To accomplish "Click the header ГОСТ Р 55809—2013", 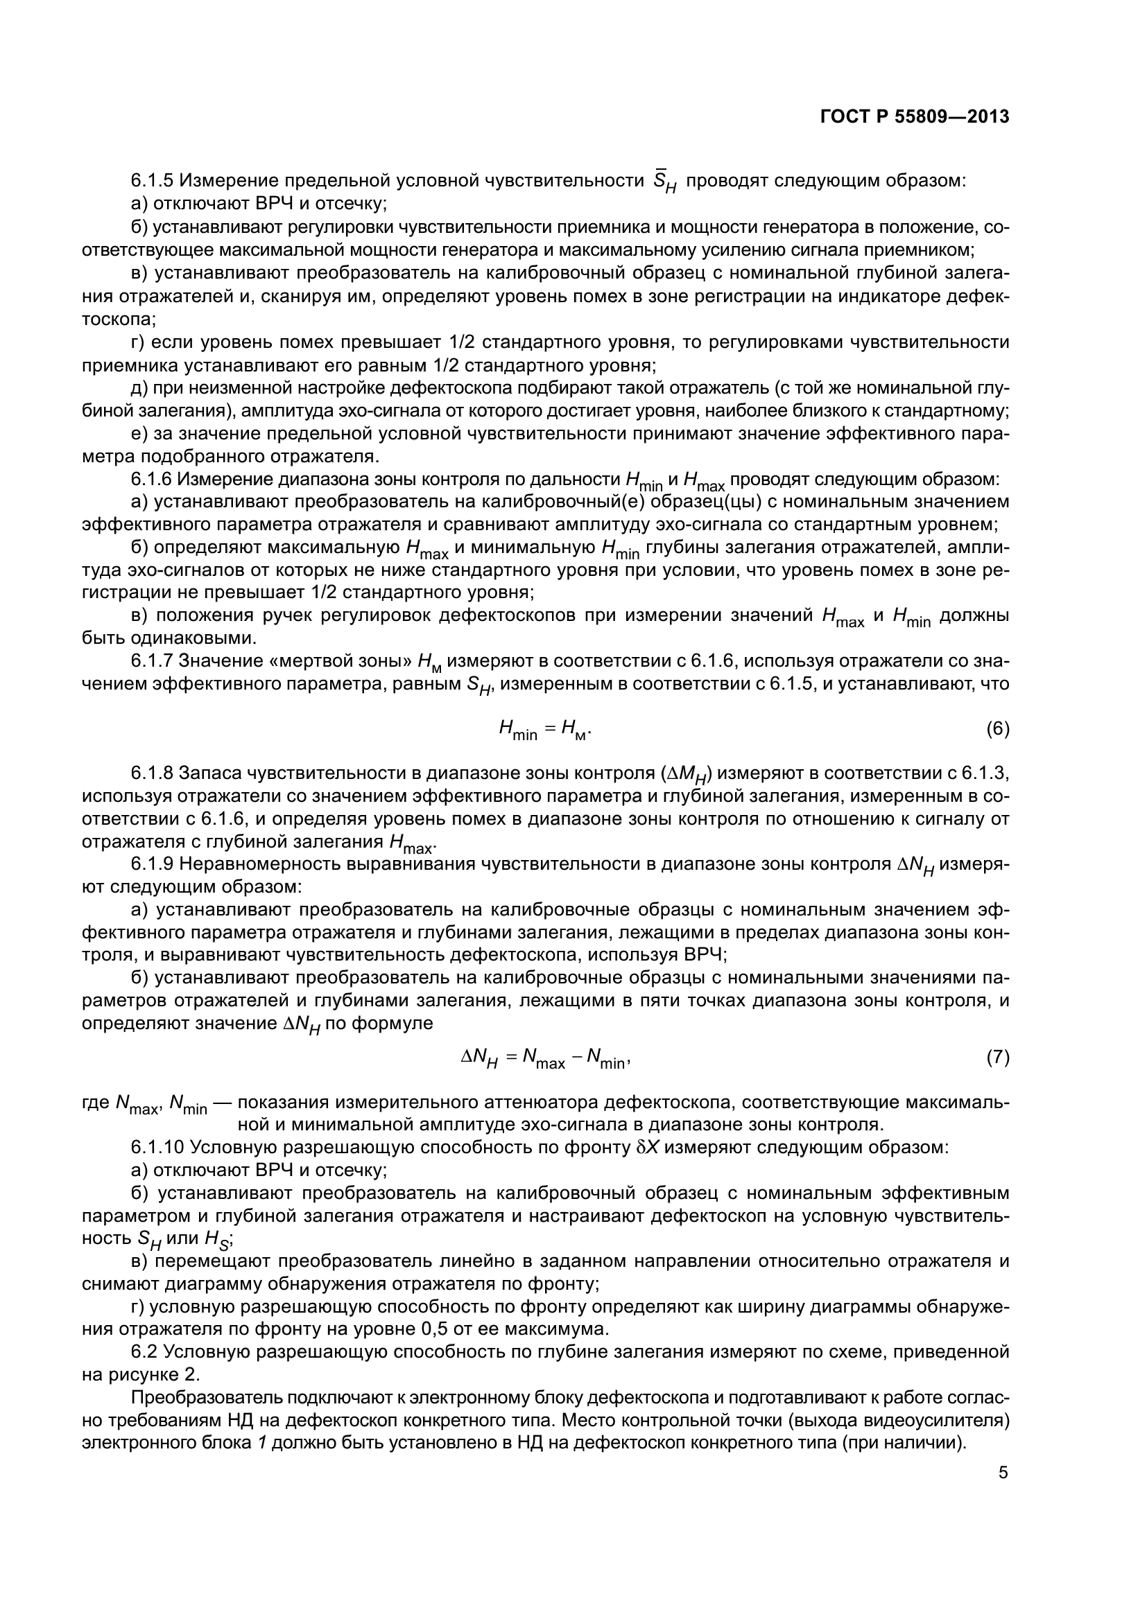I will (915, 117).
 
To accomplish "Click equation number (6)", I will (997, 728).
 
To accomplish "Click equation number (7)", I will (997, 1058).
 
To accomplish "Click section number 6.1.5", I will (152, 181).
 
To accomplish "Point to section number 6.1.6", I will (152, 480).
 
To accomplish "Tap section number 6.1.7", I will (152, 662).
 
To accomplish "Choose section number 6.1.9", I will (152, 865).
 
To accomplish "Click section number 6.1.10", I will (157, 1147).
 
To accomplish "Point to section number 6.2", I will (145, 1352).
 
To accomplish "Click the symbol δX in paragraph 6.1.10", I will (648, 1147).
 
